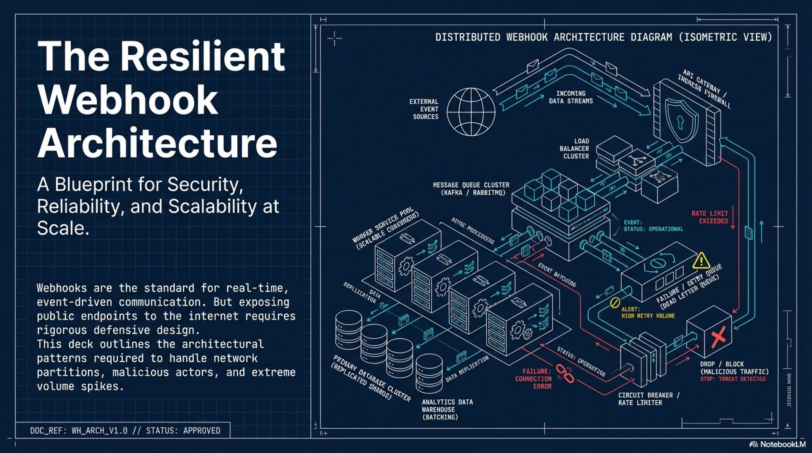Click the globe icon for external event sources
pyautogui.click(x=471, y=112)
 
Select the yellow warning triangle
pyautogui.click(x=701, y=261)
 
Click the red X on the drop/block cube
pyautogui.click(x=718, y=337)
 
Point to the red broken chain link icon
pyautogui.click(x=565, y=373)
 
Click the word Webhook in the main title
pyautogui.click(x=128, y=100)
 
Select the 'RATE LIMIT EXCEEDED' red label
pyautogui.click(x=710, y=217)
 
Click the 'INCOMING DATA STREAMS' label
pyautogui.click(x=571, y=97)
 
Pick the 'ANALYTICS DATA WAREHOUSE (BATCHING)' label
pyautogui.click(x=447, y=409)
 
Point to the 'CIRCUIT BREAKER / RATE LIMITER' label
pyautogui.click(x=648, y=399)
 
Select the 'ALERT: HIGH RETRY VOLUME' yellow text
pyautogui.click(x=647, y=313)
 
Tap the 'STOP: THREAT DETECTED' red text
pyautogui.click(x=732, y=379)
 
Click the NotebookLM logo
pyautogui.click(x=777, y=444)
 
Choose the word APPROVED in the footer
pyautogui.click(x=201, y=431)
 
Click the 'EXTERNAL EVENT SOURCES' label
pyautogui.click(x=424, y=109)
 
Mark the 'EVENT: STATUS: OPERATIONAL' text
pyautogui.click(x=653, y=226)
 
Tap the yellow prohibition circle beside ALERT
pyautogui.click(x=615, y=303)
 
